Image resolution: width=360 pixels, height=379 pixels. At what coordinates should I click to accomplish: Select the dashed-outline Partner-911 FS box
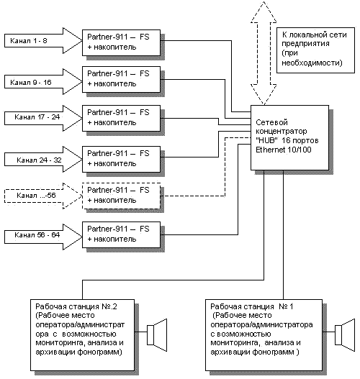121,196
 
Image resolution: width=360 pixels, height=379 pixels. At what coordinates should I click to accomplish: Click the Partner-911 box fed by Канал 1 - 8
121,42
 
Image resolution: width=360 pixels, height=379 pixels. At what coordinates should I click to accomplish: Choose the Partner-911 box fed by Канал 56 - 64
121,234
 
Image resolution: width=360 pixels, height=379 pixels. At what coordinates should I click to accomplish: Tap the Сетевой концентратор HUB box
289,137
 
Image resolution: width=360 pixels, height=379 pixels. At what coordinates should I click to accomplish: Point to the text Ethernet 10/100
284,150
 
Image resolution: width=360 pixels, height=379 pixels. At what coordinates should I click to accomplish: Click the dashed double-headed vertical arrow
264,53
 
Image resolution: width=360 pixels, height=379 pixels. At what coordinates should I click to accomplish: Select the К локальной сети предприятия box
315,50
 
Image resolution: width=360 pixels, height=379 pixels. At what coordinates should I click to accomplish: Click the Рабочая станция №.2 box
82,334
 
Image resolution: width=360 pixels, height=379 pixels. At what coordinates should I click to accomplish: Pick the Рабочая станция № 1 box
264,334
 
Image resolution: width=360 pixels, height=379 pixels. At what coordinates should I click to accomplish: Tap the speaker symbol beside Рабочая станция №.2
157,335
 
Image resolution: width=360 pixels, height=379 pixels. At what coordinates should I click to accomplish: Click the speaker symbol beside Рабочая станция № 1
345,335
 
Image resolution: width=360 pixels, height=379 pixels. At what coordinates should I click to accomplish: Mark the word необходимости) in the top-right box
312,63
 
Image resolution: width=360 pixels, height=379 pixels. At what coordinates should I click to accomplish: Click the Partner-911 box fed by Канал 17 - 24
121,118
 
